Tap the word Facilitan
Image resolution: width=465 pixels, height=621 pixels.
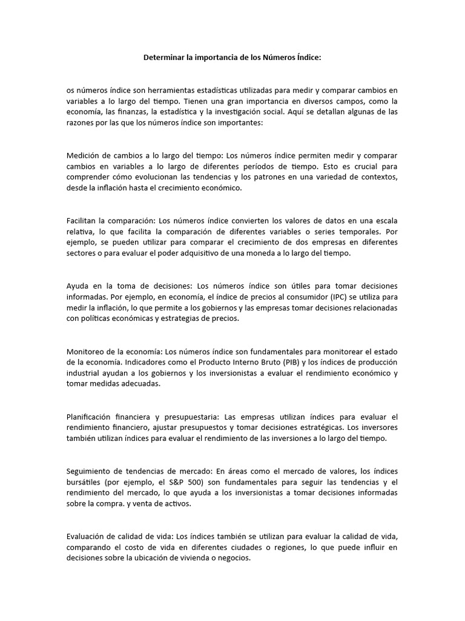pyautogui.click(x=83, y=221)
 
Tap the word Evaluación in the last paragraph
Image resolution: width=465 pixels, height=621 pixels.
pyautogui.click(x=87, y=537)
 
